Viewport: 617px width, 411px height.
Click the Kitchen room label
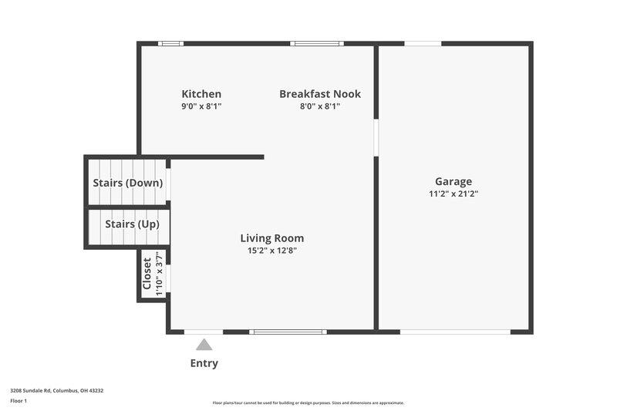tap(201, 94)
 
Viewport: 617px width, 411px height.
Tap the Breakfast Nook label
tap(319, 94)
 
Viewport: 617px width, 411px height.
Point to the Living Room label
tap(271, 238)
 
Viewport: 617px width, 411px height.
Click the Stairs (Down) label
tap(127, 184)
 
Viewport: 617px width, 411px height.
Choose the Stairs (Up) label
tap(132, 224)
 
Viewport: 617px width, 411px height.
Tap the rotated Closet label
tap(147, 274)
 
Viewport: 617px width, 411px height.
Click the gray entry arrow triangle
tap(204, 345)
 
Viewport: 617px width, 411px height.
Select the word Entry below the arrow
tap(204, 363)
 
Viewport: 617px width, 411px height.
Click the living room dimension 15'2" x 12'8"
tap(271, 251)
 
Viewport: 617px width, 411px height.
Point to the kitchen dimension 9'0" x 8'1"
tap(201, 106)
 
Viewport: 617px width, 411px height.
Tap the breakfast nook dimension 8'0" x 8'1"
tap(319, 106)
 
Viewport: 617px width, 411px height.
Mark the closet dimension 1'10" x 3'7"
tap(160, 274)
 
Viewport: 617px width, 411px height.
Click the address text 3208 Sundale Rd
tap(56, 390)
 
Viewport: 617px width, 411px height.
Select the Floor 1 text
tap(19, 402)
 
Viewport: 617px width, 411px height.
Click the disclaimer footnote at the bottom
tap(308, 403)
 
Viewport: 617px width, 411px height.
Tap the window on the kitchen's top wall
tap(170, 43)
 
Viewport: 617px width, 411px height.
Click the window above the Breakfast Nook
tap(317, 43)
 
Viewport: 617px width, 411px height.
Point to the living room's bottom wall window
tap(288, 332)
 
